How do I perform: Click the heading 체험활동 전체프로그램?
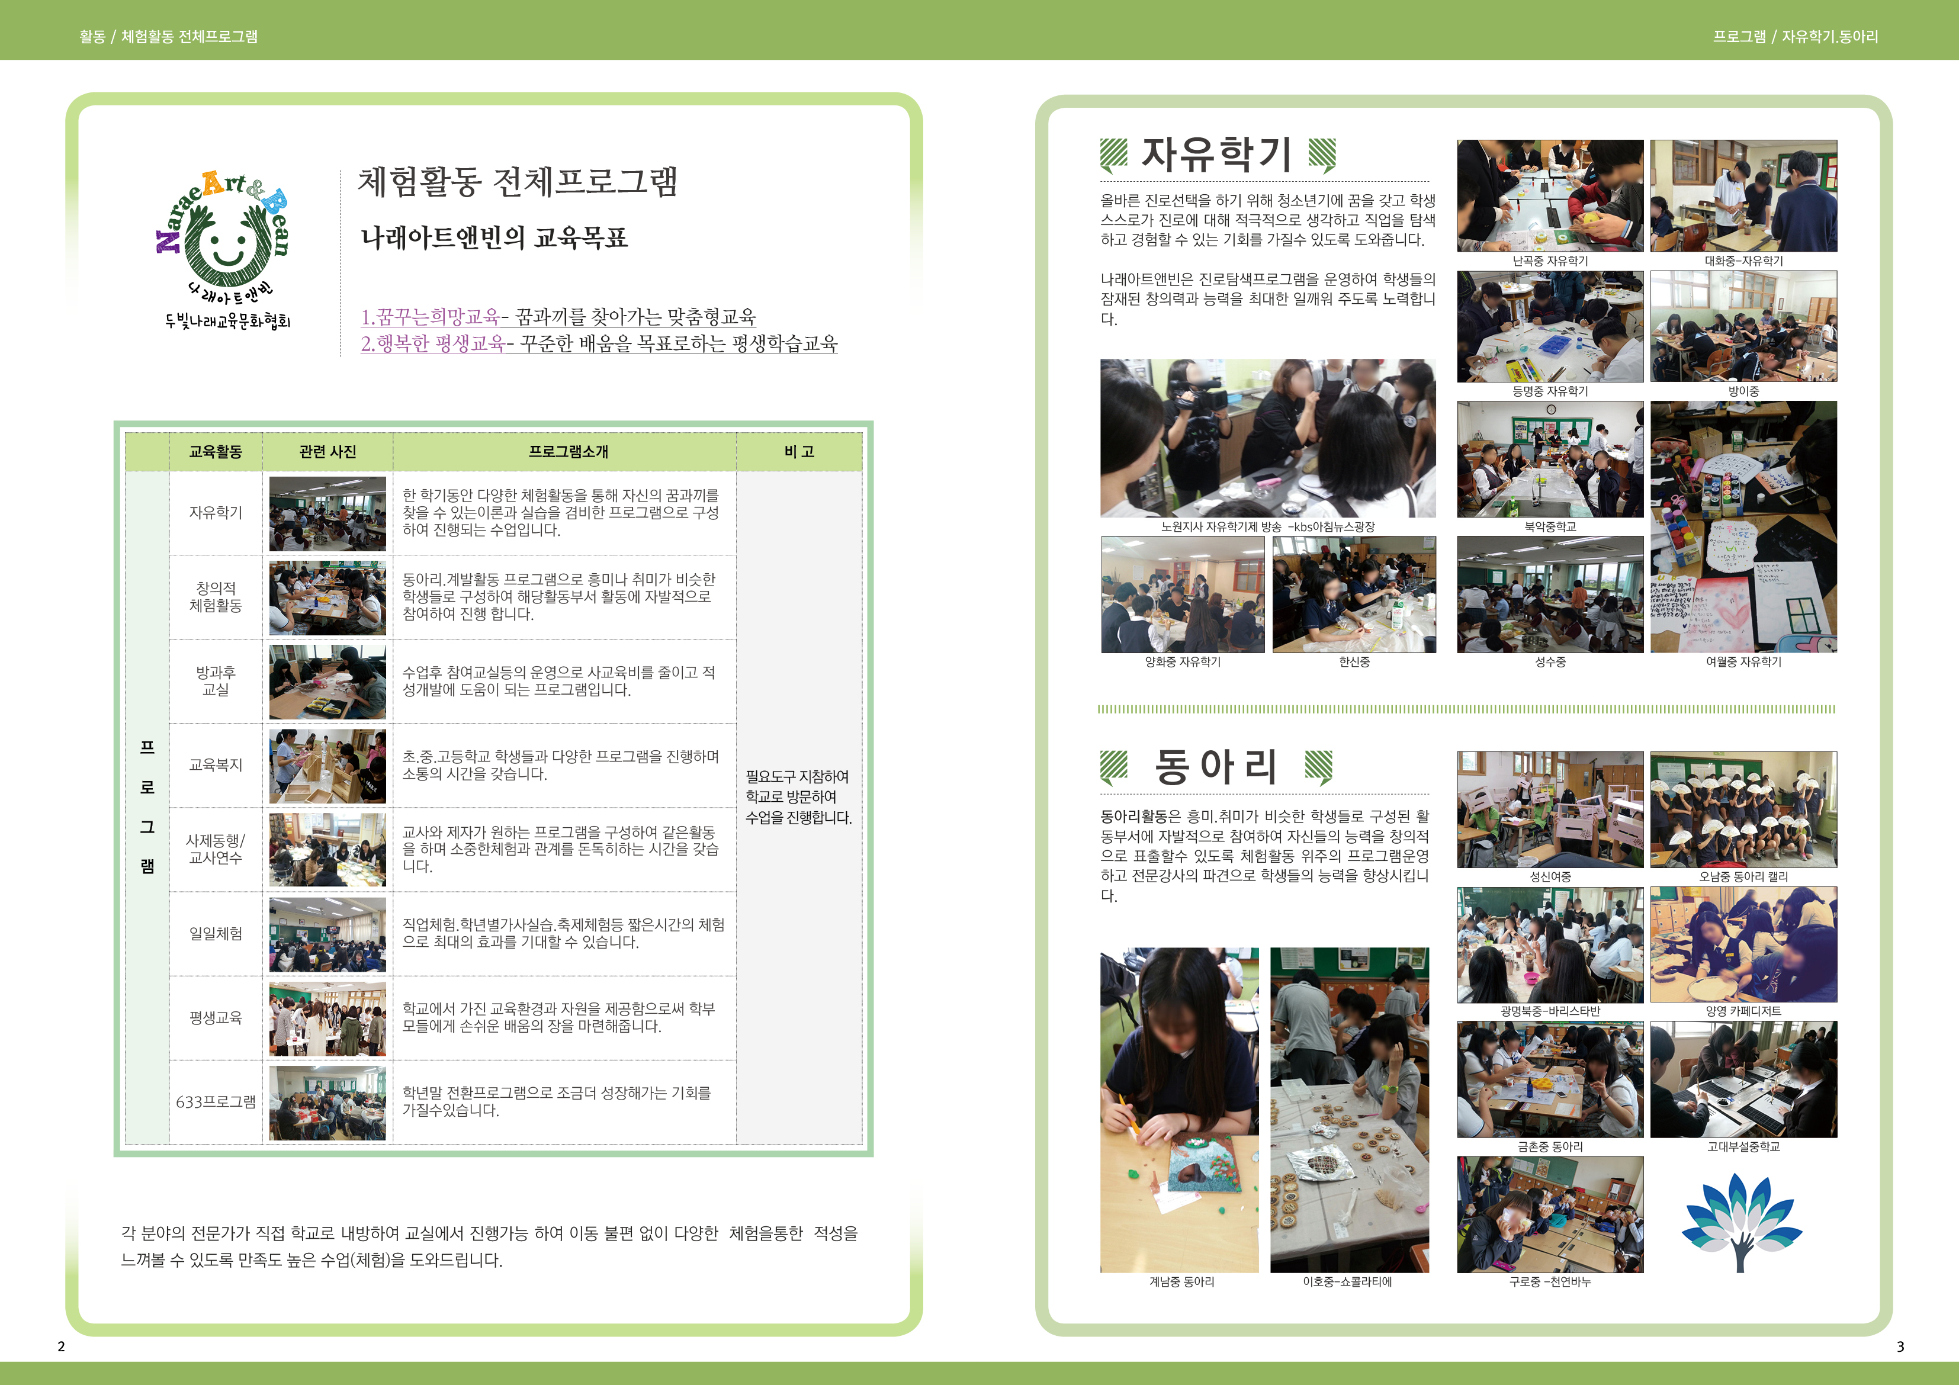(517, 181)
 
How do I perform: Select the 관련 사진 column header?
(327, 451)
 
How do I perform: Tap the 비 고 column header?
(799, 451)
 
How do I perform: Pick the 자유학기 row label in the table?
(216, 512)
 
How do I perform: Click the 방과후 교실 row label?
(216, 680)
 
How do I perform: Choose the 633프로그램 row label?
(216, 1102)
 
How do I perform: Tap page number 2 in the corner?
(60, 1347)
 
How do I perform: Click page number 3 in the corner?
(1900, 1347)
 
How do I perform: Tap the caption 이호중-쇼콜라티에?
(1347, 1282)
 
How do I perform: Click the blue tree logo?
(1742, 1222)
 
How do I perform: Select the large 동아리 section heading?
(1216, 766)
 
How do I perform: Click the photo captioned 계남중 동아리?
(1179, 1110)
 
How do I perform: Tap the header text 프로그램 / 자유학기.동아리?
(1795, 37)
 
